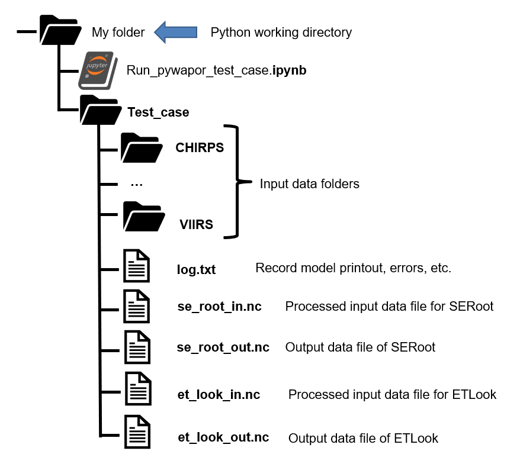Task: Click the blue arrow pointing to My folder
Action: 175,32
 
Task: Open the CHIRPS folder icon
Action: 141,147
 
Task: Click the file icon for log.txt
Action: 137,267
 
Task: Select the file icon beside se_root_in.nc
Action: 137,306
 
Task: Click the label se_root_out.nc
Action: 223,347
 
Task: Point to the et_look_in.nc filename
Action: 219,394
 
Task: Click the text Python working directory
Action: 281,33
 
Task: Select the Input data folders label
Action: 309,184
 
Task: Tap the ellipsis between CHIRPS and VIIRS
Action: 137,184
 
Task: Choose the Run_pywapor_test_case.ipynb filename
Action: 216,70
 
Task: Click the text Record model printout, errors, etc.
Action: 353,268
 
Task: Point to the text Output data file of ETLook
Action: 363,439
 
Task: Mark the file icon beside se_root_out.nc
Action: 137,346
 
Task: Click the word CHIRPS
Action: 200,148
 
